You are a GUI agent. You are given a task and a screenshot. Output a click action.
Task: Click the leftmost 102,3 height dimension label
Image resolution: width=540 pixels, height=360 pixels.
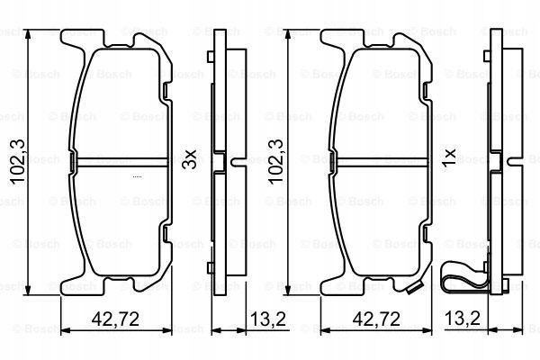click(18, 162)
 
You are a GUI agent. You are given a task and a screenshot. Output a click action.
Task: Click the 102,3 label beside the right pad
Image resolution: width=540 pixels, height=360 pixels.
click(276, 162)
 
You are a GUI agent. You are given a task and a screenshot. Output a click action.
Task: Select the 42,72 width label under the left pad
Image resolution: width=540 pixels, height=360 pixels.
click(115, 319)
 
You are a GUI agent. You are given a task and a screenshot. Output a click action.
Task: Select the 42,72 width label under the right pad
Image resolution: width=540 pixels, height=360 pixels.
click(376, 319)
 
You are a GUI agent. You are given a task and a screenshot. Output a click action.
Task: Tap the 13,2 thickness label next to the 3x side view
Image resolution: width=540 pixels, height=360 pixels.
click(268, 319)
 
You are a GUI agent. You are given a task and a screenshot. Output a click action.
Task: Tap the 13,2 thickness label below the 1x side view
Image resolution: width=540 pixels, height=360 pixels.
click(463, 319)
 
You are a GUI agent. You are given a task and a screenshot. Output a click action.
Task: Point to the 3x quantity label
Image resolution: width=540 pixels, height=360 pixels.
click(190, 159)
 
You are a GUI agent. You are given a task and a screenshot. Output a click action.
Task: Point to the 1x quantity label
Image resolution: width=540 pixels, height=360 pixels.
click(449, 158)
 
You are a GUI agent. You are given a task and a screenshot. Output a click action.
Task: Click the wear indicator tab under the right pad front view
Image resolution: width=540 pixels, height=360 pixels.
click(414, 289)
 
